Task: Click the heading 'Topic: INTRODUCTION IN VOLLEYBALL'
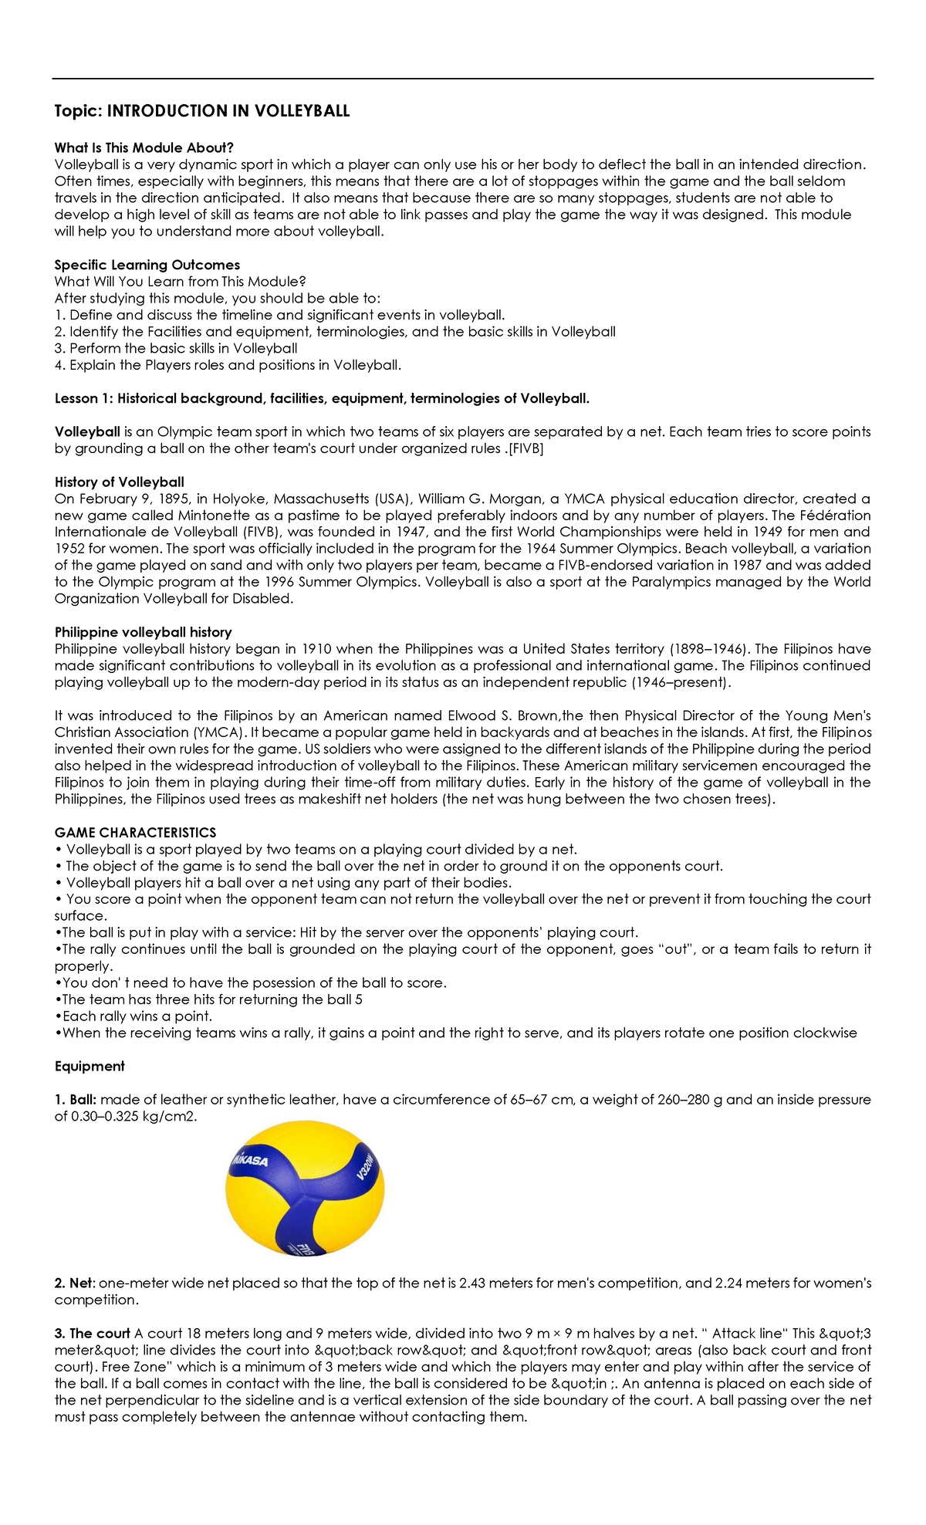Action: click(201, 111)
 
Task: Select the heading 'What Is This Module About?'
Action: click(144, 147)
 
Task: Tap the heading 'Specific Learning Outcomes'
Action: click(147, 265)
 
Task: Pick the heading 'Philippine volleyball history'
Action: click(143, 632)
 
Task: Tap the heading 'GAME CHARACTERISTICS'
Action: click(135, 833)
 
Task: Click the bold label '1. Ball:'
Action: click(76, 1099)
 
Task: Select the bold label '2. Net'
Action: click(73, 1283)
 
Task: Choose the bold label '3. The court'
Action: click(92, 1333)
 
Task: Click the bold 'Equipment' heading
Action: click(90, 1066)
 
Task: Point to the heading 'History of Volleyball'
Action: click(119, 482)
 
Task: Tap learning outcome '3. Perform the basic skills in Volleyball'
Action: click(175, 348)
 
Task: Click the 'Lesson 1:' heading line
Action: click(322, 398)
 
